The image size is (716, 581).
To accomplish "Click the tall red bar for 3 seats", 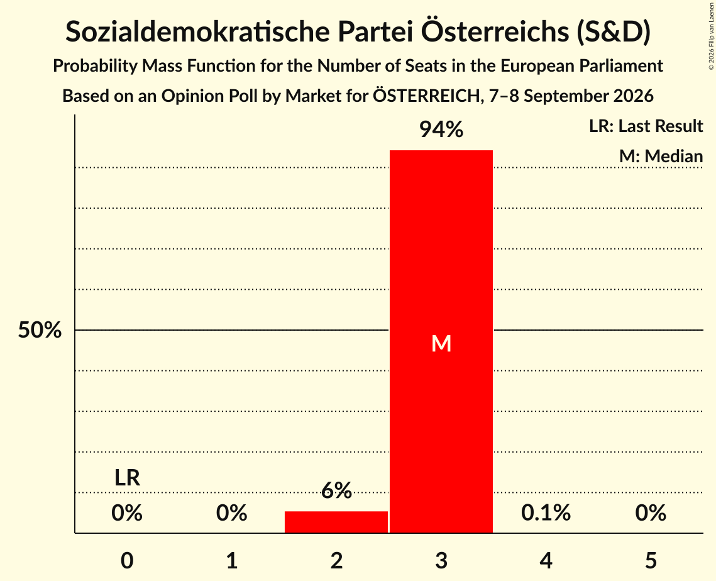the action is click(x=441, y=341).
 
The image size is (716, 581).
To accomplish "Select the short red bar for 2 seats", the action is click(x=336, y=522).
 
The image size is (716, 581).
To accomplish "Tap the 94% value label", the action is click(x=441, y=130).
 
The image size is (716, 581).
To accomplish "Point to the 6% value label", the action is click(x=336, y=490).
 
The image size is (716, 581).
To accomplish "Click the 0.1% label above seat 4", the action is click(x=546, y=512).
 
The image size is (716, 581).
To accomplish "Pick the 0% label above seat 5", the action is click(x=651, y=512).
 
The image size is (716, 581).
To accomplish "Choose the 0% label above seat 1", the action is click(x=231, y=512).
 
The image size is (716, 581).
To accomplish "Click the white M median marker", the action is click(x=441, y=343).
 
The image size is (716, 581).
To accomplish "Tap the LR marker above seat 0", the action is click(x=127, y=478).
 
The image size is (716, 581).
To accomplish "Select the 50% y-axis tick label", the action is click(x=40, y=329).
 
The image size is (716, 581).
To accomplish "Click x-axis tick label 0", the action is click(x=127, y=560).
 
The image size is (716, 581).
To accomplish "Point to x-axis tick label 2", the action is click(x=336, y=560).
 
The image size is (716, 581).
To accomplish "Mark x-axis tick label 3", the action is click(x=441, y=560).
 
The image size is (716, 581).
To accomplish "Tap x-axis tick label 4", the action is click(x=546, y=560).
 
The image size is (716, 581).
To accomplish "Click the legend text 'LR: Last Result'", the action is click(x=646, y=126).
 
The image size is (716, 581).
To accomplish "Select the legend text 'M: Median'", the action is click(x=661, y=156).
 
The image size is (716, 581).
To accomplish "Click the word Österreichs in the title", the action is click(x=495, y=31).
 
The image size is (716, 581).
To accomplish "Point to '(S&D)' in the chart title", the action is click(x=614, y=32).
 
